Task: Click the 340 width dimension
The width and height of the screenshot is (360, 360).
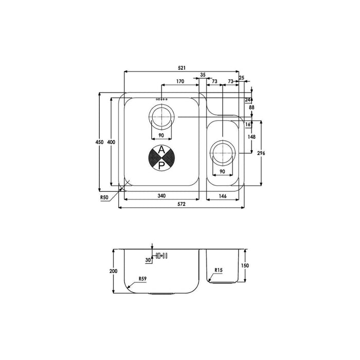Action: coord(161,195)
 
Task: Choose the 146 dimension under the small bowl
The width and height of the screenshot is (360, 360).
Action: coord(223,195)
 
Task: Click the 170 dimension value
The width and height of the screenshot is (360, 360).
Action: coord(180,81)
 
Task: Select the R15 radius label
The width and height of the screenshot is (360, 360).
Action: coord(219,270)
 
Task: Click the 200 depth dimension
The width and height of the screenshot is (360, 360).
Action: coord(113,271)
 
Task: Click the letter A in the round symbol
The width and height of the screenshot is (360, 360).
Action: coord(161,150)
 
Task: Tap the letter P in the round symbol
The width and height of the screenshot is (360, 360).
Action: coord(161,165)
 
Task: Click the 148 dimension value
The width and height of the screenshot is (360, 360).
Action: coord(251,137)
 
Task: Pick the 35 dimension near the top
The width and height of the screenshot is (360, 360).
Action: coord(203,75)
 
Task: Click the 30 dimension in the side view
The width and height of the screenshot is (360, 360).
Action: coord(148,260)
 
